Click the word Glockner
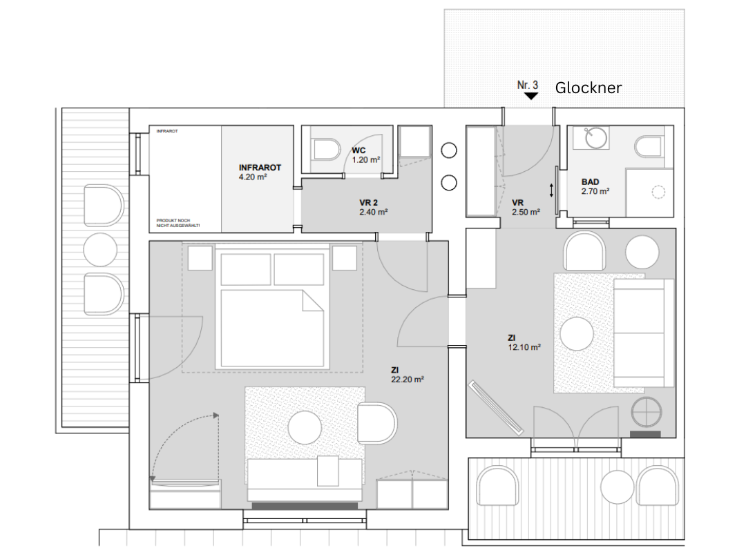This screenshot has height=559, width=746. pos(589,88)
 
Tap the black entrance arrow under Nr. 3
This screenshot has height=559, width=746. pos(530,97)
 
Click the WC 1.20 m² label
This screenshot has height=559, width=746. pos(365,155)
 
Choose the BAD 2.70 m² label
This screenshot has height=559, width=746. pos(595,186)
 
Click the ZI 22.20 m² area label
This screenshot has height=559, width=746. pos(407,374)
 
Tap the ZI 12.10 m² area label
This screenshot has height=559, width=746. pos(523,342)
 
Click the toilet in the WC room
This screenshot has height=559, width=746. pos(326,149)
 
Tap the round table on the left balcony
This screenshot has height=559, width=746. pos(101,250)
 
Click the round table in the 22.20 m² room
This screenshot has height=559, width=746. pos(305,427)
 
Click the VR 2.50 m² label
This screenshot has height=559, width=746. pos(525,207)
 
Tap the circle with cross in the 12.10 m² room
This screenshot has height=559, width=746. pos(648,412)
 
